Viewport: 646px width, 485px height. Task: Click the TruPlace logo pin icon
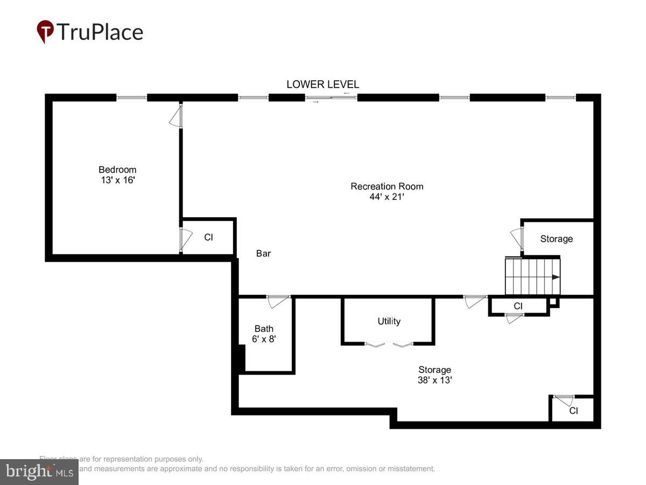45,31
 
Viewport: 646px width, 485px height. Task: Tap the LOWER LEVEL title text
322,84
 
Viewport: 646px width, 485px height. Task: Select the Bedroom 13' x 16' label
117,175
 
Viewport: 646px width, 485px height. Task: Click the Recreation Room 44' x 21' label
387,191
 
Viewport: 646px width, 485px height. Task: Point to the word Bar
263,253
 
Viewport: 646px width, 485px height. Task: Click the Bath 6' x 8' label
264,334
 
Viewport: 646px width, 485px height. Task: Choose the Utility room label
389,321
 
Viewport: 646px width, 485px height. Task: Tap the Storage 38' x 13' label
434,375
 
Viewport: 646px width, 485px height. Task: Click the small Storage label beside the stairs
556,239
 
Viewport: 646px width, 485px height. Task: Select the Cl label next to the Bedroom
208,237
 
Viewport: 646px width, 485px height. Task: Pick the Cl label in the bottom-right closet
573,411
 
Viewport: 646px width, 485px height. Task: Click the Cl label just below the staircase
518,306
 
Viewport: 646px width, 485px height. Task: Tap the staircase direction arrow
555,277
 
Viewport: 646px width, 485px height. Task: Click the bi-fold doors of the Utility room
388,344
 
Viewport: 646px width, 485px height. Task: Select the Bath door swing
278,301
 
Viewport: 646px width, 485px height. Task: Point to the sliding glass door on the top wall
331,98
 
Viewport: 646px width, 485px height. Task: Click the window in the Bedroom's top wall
131,98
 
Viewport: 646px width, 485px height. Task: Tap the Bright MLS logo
39,472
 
